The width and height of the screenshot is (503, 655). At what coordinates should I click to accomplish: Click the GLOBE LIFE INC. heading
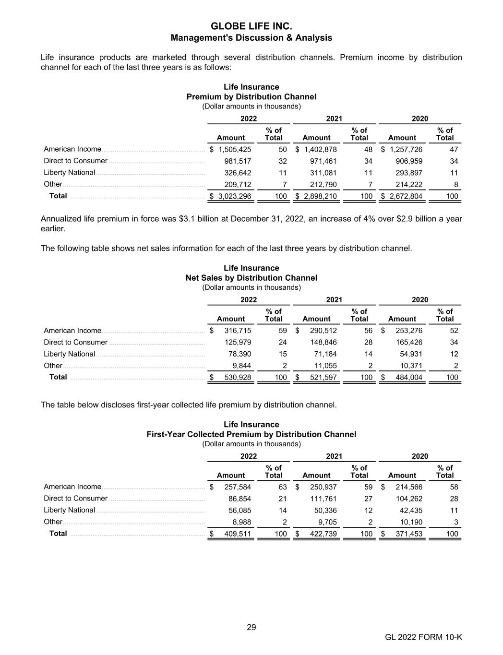click(251, 26)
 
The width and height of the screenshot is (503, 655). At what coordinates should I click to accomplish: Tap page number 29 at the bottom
click(251, 627)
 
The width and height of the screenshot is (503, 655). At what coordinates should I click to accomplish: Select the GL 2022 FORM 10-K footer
click(423, 637)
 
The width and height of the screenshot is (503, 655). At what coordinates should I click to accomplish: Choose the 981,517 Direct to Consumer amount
click(238, 161)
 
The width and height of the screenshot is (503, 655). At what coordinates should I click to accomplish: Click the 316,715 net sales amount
click(238, 331)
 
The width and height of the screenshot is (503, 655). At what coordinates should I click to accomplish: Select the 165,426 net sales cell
click(409, 342)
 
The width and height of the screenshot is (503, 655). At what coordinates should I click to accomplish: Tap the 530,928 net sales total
click(238, 377)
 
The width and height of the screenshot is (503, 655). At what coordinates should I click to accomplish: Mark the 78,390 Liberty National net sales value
click(240, 354)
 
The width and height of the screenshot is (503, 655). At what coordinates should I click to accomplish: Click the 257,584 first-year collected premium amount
click(238, 487)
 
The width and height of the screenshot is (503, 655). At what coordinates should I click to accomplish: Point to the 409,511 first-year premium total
click(238, 534)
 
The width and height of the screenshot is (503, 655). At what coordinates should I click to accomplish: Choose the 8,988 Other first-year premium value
click(242, 522)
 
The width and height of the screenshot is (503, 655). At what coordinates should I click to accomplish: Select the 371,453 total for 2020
click(409, 534)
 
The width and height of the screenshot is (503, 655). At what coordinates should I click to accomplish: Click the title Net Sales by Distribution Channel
click(251, 278)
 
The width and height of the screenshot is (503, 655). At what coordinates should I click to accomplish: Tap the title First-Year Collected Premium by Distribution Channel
click(251, 434)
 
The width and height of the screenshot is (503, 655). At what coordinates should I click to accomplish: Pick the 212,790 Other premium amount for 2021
click(323, 184)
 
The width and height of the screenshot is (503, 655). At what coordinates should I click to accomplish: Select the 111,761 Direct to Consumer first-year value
click(323, 499)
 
